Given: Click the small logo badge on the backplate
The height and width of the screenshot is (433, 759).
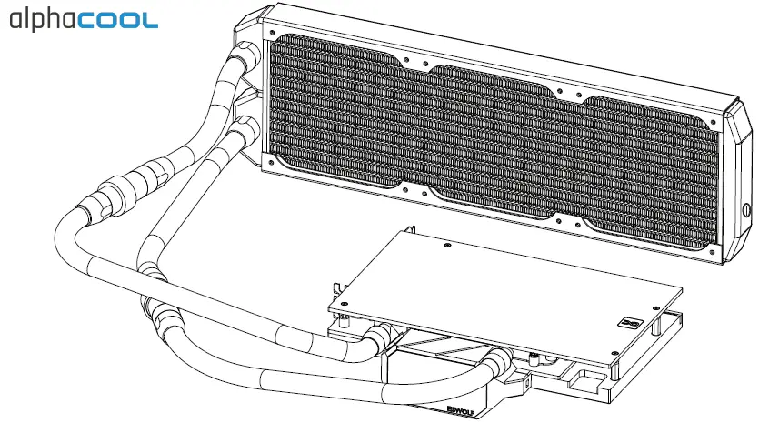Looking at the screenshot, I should [x=632, y=322].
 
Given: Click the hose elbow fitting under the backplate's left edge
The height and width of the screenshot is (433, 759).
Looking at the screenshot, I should [x=382, y=341].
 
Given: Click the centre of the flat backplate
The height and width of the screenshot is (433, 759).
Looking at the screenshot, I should [x=504, y=282].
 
